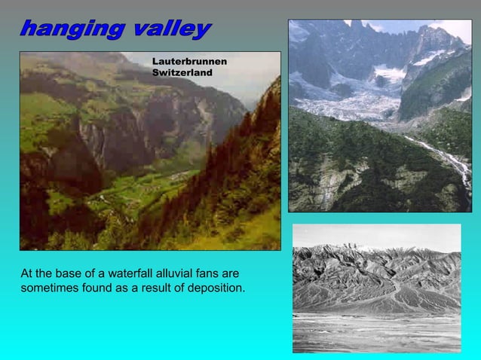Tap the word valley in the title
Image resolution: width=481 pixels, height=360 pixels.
[170, 29]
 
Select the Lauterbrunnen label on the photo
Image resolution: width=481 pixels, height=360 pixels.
[189, 61]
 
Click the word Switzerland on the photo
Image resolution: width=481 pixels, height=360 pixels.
[182, 72]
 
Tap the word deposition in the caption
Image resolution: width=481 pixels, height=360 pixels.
[216, 288]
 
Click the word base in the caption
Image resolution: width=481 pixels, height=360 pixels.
[69, 273]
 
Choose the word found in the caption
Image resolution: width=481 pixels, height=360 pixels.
[99, 288]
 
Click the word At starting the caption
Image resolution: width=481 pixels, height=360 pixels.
[27, 273]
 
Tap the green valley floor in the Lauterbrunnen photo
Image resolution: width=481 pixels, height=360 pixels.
[132, 192]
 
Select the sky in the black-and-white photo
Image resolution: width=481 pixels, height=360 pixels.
[377, 235]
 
